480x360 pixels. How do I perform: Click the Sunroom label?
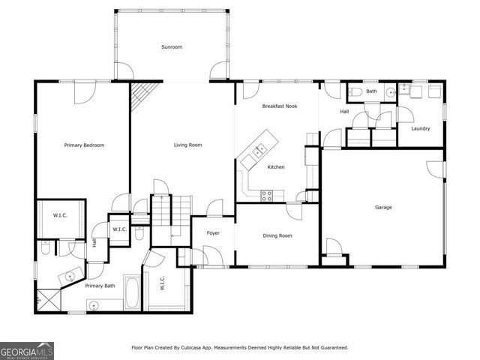click(x=171, y=47)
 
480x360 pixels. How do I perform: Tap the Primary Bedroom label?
click(x=84, y=145)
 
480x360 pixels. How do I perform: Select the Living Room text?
click(x=187, y=145)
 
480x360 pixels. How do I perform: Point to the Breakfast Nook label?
click(x=279, y=106)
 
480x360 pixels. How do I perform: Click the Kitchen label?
click(x=276, y=166)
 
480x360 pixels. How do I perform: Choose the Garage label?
click(x=383, y=207)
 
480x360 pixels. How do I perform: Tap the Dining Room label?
click(x=277, y=235)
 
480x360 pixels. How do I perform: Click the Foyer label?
click(x=213, y=234)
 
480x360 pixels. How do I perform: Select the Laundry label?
click(x=420, y=128)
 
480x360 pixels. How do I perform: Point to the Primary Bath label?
click(x=100, y=286)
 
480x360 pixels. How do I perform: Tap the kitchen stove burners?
click(x=266, y=195)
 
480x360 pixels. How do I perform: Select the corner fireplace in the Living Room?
click(x=140, y=96)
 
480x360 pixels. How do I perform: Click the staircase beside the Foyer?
click(x=172, y=217)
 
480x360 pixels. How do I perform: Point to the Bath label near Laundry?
click(x=371, y=91)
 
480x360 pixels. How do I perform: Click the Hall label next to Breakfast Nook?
click(x=344, y=112)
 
